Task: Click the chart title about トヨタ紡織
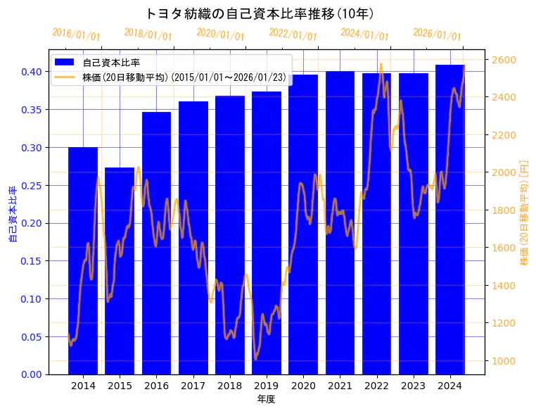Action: [x=259, y=13]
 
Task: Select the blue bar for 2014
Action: [x=83, y=260]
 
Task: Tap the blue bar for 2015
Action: [x=120, y=271]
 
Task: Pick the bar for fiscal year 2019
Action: [x=267, y=232]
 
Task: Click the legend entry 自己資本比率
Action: [x=111, y=63]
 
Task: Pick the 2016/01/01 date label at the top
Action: [x=77, y=34]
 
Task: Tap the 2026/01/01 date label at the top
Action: [x=437, y=34]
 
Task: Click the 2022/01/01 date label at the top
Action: [x=293, y=34]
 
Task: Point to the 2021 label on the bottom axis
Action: [x=340, y=386]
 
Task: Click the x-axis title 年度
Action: [x=266, y=399]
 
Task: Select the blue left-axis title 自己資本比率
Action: [x=12, y=215]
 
